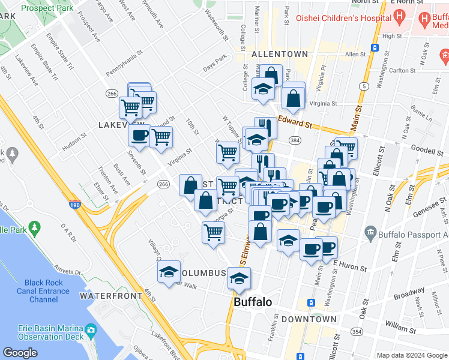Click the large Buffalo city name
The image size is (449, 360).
253,302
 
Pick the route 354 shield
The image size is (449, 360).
357,332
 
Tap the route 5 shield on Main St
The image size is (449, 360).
364,87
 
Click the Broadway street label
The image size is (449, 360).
409,296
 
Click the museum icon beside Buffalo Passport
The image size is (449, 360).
370,233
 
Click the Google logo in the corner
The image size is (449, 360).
20,352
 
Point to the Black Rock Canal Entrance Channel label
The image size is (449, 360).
43,291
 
